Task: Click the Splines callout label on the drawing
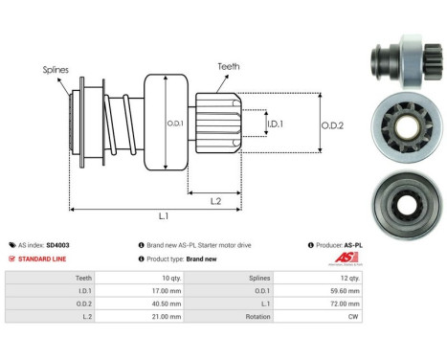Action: coord(56,70)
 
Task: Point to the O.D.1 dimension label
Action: coord(175,124)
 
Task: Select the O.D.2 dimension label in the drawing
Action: coord(333,124)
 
